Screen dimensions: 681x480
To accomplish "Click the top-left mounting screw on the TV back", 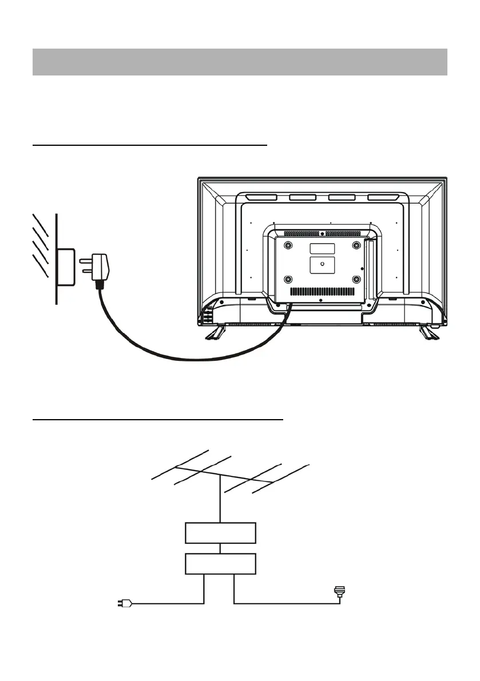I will [287, 245].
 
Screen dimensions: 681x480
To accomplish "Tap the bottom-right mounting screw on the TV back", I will [356, 280].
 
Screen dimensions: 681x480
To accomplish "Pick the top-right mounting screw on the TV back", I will [356, 245].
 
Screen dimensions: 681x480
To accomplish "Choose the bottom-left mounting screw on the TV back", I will [287, 280].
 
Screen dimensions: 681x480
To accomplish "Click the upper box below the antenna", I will [220, 533].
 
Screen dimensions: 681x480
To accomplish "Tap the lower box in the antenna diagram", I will [220, 564].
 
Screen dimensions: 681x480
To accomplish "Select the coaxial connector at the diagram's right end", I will [340, 592].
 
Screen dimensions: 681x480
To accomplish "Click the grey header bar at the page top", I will [240, 62].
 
